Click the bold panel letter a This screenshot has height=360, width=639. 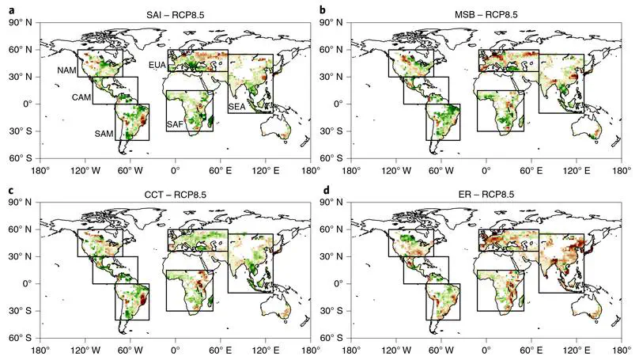pyautogui.click(x=9, y=9)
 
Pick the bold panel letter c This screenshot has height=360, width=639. pyautogui.click(x=9, y=190)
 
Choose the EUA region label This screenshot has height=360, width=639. pyautogui.click(x=157, y=66)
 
